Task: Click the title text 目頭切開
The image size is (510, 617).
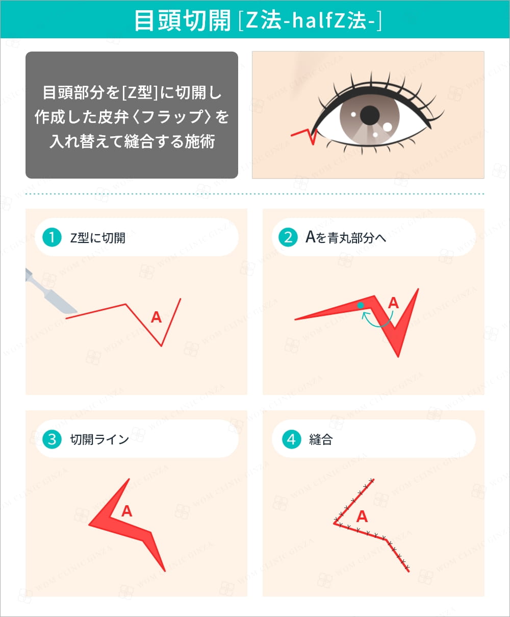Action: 183,20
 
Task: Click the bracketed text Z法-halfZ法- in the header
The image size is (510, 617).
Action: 310,20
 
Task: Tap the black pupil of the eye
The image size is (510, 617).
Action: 369,115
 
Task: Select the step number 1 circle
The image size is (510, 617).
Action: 52,237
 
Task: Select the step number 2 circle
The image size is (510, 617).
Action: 288,237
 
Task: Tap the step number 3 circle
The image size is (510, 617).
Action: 52,439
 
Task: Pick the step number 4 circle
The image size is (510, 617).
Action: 291,439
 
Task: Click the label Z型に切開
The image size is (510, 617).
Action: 97,238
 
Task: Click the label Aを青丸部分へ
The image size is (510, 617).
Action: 345,237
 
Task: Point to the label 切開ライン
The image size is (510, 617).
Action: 99,439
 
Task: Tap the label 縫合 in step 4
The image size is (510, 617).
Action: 321,439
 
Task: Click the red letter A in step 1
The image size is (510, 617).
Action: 156,317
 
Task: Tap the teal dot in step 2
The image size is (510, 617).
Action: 361,305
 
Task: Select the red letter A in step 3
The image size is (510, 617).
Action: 126,511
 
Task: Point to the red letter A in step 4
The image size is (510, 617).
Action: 362,516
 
